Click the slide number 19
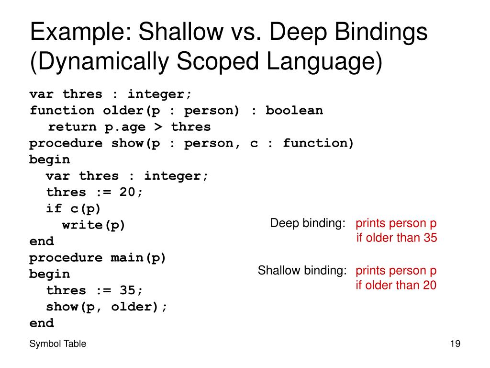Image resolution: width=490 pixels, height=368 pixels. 455,344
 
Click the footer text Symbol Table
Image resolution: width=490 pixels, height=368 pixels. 58,344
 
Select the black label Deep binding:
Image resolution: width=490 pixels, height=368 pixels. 308,223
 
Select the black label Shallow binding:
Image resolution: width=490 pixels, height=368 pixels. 302,271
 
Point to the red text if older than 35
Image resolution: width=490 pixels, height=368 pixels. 397,238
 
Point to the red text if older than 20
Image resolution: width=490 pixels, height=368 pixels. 396,286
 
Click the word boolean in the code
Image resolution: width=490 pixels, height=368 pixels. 294,111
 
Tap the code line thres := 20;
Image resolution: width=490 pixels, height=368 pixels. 94,193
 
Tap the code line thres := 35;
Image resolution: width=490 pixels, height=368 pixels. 94,290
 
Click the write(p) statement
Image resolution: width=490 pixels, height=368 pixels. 94,225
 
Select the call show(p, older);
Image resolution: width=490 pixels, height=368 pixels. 107,307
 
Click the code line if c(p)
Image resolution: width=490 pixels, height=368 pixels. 74,209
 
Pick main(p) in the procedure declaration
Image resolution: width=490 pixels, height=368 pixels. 138,258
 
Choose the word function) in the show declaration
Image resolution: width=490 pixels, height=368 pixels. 318,143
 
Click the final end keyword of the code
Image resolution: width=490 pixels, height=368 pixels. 42,323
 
